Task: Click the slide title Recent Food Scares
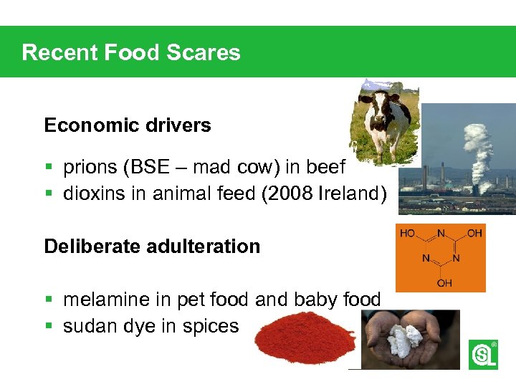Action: point(131,52)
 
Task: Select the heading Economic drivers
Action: point(128,125)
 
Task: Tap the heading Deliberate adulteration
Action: point(152,247)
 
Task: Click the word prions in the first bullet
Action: point(91,168)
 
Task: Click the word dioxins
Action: point(90,193)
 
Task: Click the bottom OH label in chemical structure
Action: point(444,283)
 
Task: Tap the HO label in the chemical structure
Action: point(407,233)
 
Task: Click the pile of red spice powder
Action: point(305,340)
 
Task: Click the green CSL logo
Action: point(482,355)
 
